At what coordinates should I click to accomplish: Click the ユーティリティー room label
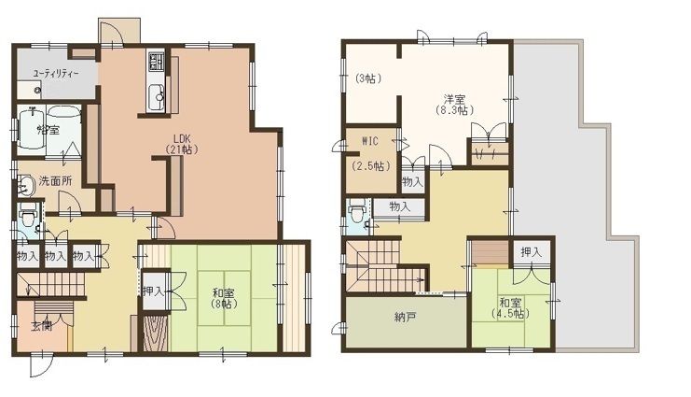pyautogui.click(x=55, y=72)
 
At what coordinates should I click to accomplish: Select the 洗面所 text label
pyautogui.click(x=55, y=180)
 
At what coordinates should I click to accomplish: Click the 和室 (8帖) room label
pyautogui.click(x=223, y=298)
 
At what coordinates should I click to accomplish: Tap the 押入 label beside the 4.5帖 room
pyautogui.click(x=531, y=252)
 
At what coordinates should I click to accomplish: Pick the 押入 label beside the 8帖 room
pyautogui.click(x=154, y=291)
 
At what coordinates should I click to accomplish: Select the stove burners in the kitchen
pyautogui.click(x=156, y=63)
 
